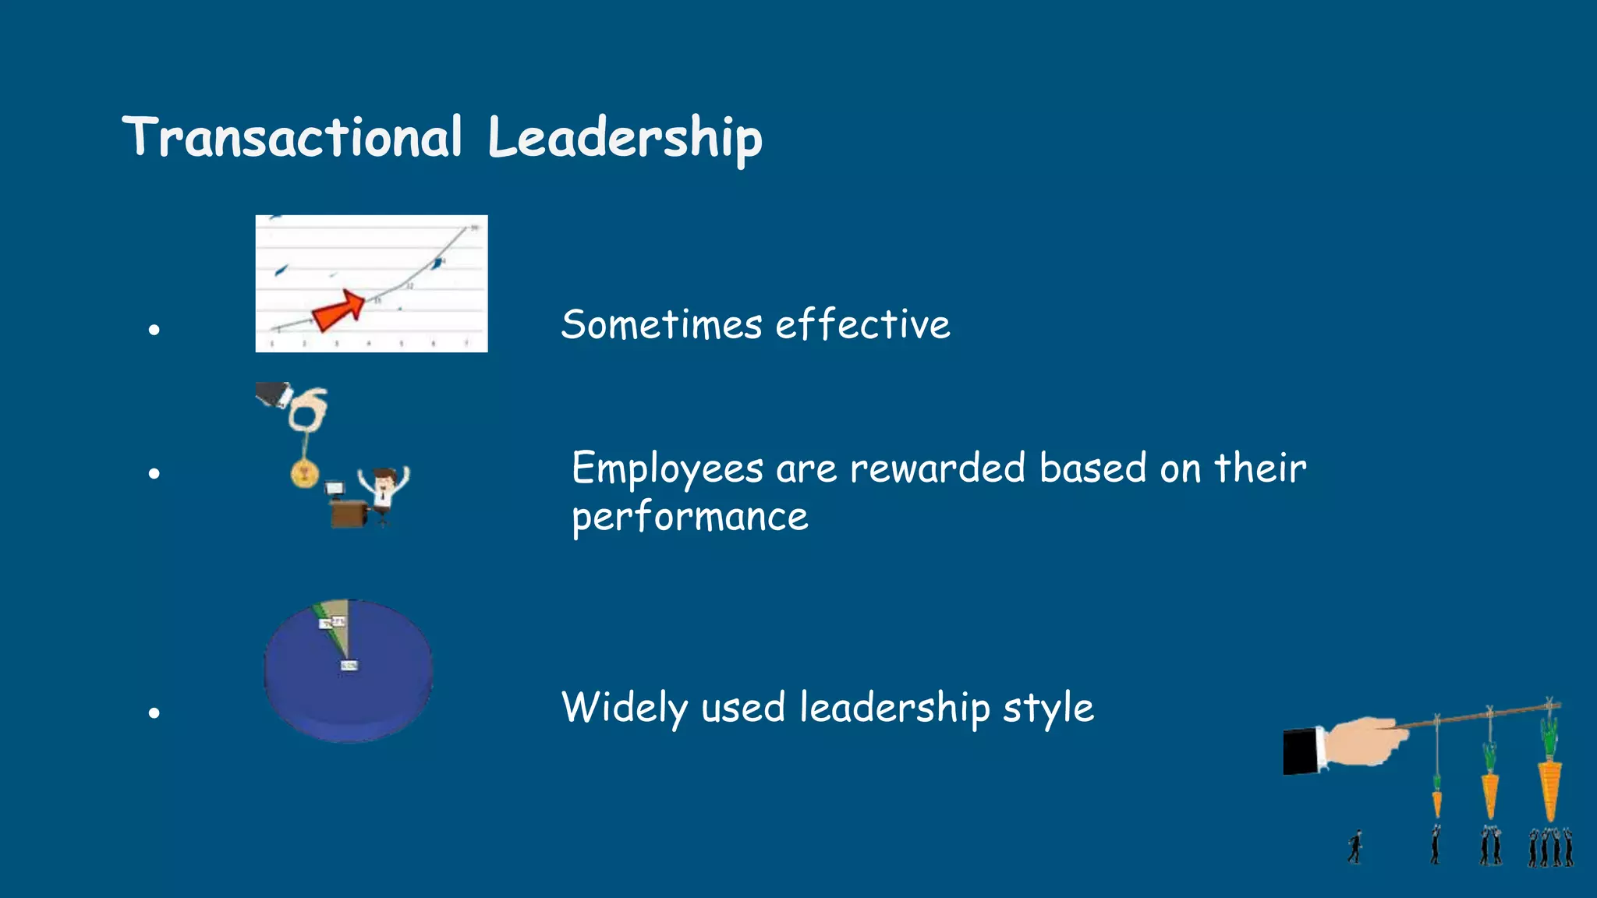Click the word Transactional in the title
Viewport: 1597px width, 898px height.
(292, 138)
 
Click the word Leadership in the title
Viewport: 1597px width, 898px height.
(625, 138)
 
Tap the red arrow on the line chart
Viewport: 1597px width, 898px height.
(338, 309)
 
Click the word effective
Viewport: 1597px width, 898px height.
(862, 324)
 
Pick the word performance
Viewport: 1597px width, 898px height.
(690, 518)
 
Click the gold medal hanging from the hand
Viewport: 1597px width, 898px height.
(304, 472)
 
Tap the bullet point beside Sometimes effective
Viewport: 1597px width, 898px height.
(154, 330)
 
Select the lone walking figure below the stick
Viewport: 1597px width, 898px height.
(1356, 847)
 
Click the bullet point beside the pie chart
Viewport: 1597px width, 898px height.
(154, 712)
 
